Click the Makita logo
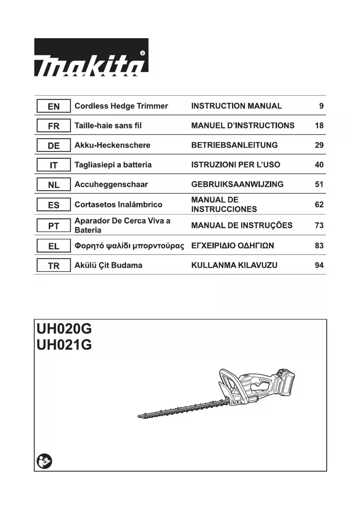(x=91, y=57)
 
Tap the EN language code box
(x=54, y=106)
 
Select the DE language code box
(x=54, y=145)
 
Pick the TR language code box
(x=54, y=265)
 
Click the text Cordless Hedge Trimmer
(x=121, y=106)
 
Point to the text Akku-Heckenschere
(x=112, y=145)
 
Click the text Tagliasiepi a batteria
(x=113, y=165)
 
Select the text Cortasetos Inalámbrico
(x=118, y=205)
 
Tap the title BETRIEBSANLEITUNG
(x=234, y=145)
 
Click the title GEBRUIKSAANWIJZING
(x=237, y=184)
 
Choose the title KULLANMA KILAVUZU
(x=234, y=265)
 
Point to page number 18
(x=319, y=126)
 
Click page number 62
(x=319, y=205)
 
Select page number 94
(x=319, y=265)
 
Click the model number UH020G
(x=64, y=329)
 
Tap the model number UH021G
(x=64, y=345)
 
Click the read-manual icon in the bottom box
(x=44, y=461)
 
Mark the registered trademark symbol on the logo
(x=142, y=53)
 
